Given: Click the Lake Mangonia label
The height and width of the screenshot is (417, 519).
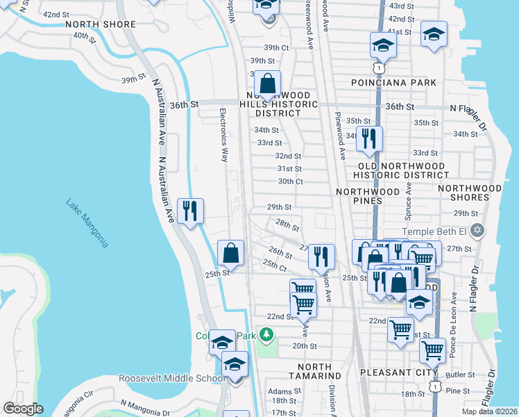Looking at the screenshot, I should (87, 223).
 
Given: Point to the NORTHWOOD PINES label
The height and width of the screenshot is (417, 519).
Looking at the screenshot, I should (368, 196).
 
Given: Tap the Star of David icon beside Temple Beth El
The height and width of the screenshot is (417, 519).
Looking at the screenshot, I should (477, 231).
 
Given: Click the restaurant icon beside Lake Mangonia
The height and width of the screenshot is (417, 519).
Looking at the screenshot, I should (190, 210).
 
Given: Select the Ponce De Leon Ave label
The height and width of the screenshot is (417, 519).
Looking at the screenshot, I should (453, 319).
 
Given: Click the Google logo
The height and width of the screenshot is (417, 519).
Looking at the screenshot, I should (23, 409).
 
